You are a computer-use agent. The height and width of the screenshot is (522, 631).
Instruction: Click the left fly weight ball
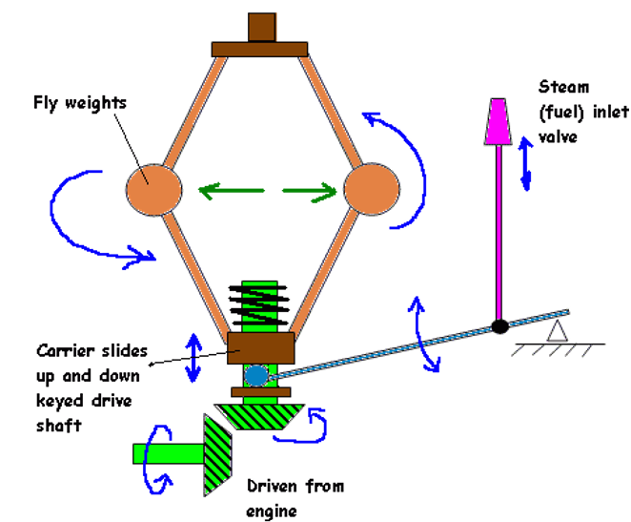click(x=153, y=189)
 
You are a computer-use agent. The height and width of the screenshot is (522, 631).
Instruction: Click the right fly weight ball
click(x=369, y=193)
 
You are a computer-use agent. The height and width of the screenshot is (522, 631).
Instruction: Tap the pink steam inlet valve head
click(x=498, y=121)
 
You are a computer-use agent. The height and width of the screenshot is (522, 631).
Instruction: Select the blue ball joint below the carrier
click(x=256, y=375)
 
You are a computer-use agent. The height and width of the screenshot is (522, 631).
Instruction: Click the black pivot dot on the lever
click(x=499, y=326)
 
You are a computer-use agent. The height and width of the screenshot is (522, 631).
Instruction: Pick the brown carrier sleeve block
click(x=259, y=346)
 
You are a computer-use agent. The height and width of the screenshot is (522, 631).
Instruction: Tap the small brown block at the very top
click(x=260, y=27)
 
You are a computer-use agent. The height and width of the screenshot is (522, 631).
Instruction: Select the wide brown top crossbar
click(x=260, y=48)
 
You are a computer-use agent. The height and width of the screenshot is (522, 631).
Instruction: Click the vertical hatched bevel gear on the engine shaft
click(x=218, y=454)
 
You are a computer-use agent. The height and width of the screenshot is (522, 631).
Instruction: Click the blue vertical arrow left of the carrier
click(x=194, y=355)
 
